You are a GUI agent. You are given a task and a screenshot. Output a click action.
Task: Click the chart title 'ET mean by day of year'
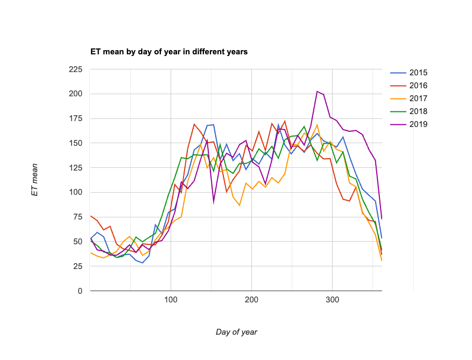pos(168,52)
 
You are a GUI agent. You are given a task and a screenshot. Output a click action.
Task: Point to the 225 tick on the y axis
pos(75,69)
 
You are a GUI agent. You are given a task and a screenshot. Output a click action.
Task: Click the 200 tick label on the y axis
pos(75,94)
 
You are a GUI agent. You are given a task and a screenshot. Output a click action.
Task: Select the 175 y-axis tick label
pos(75,118)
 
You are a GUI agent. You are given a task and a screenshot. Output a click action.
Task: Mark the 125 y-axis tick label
pos(75,168)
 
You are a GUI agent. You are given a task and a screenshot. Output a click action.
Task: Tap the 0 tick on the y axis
pos(80,291)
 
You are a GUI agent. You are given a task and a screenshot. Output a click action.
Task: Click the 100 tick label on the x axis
pos(171,300)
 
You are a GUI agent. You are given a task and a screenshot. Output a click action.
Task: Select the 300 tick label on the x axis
pos(332,300)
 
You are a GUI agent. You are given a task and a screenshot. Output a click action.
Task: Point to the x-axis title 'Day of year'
pos(236,332)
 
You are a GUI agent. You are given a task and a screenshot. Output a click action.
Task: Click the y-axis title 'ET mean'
pos(35,180)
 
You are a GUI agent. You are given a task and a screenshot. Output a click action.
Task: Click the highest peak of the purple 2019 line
pos(317,91)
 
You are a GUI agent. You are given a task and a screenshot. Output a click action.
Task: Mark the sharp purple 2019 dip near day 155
pos(214,203)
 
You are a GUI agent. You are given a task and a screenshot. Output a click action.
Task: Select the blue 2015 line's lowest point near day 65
pos(143,263)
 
